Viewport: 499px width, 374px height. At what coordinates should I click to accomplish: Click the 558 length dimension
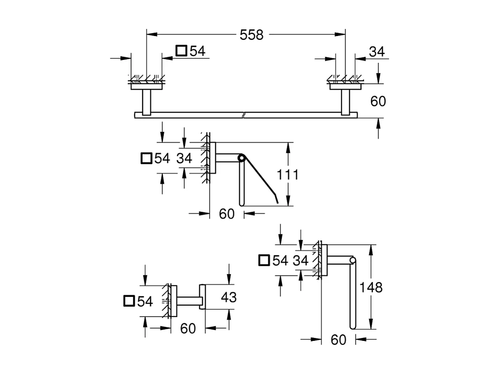pos(251,35)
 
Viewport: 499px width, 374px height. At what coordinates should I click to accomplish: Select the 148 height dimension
pos(371,288)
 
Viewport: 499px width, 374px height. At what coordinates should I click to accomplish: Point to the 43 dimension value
pos(229,297)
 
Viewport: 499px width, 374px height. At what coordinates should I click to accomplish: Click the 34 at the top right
pos(377,52)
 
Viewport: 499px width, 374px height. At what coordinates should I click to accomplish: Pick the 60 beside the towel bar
pos(378,101)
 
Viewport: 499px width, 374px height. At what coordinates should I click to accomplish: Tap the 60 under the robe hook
pos(188,329)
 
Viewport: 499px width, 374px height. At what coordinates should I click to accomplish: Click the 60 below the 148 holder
pos(338,340)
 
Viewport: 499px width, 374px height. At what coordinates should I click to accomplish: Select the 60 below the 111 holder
pos(226,214)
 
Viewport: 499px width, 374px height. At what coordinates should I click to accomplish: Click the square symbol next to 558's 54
pos(181,51)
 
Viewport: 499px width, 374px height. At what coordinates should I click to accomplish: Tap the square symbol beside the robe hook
pos(129,301)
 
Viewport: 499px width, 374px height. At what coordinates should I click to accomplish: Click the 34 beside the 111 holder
pos(184,158)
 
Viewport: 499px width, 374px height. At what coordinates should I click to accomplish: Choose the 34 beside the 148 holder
pos(300,260)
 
